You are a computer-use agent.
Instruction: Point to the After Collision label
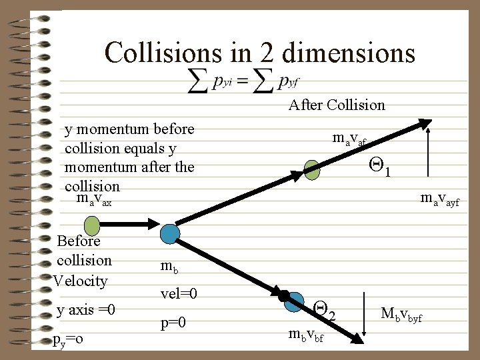coord(337,105)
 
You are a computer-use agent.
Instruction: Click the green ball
coord(311,170)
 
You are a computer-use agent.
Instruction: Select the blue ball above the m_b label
coord(171,233)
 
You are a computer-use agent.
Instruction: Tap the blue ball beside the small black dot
coord(294,302)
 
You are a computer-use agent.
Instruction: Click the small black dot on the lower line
coord(283,295)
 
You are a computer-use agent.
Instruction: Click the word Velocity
coord(80,281)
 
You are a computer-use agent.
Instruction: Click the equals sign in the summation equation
coord(242,81)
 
